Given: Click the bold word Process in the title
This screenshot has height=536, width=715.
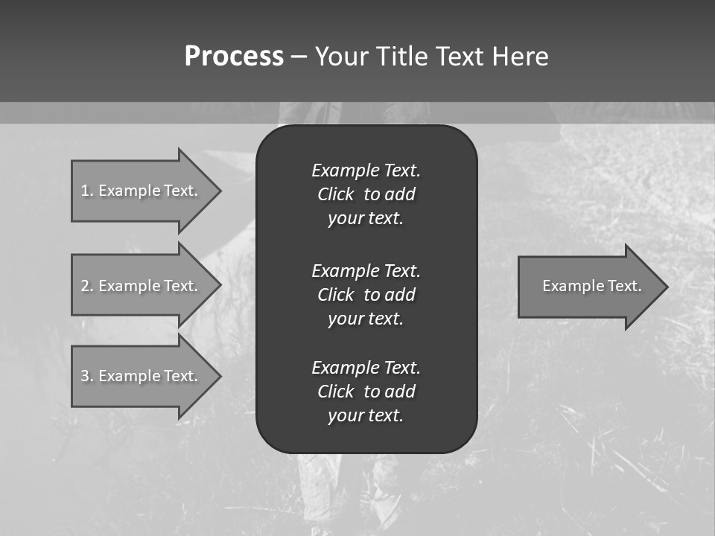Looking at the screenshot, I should click(x=234, y=57).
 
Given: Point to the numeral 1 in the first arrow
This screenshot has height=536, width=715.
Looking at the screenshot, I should click(x=85, y=191).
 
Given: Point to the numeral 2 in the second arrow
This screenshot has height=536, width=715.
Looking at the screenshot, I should click(x=85, y=286).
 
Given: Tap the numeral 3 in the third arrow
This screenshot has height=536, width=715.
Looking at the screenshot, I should click(x=85, y=376).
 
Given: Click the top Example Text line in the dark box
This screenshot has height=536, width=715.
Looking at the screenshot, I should click(x=366, y=170).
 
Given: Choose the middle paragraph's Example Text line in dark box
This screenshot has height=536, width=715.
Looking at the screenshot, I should click(x=366, y=270).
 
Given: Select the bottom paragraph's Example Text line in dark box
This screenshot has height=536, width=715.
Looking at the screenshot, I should click(x=366, y=368).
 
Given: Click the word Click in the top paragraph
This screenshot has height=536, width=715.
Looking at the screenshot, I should click(x=335, y=194).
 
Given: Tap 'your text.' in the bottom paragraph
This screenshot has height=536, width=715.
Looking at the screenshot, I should click(x=366, y=415).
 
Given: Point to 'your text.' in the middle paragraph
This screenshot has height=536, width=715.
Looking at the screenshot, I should click(x=366, y=319).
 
